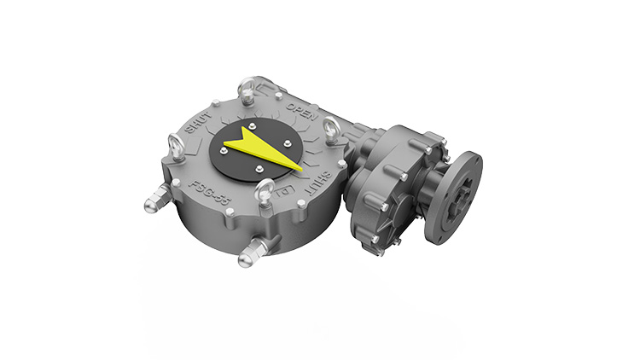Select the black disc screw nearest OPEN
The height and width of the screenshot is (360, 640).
286,142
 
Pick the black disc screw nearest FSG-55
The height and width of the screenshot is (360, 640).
224,150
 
